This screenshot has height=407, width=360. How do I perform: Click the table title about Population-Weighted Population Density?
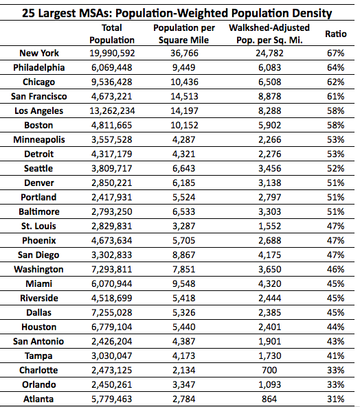(177, 13)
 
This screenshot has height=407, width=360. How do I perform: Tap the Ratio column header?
(335, 34)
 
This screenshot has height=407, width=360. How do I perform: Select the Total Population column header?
(112, 34)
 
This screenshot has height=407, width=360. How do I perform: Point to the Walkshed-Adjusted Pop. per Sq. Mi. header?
(269, 34)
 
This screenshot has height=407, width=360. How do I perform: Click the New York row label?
(39, 54)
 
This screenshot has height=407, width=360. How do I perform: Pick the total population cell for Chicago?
(112, 82)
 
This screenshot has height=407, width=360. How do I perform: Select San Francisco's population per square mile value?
(184, 97)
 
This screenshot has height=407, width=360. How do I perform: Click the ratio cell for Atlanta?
(335, 399)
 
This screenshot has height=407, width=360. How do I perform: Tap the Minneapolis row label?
(39, 139)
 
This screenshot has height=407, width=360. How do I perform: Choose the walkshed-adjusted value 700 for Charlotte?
(269, 370)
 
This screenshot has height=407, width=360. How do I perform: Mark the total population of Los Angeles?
(112, 111)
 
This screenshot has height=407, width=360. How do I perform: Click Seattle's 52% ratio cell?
(335, 168)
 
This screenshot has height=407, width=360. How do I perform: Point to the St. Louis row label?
(38, 226)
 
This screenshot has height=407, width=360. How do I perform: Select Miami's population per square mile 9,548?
(184, 283)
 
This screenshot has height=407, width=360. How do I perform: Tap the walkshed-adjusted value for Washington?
(269, 270)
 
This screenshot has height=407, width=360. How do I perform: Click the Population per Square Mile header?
(184, 34)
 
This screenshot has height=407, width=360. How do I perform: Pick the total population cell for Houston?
(112, 327)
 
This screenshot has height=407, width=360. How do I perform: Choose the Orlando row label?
(39, 384)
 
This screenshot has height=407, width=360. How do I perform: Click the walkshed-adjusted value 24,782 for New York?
(269, 54)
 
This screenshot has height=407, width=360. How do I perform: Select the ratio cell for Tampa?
(335, 356)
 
